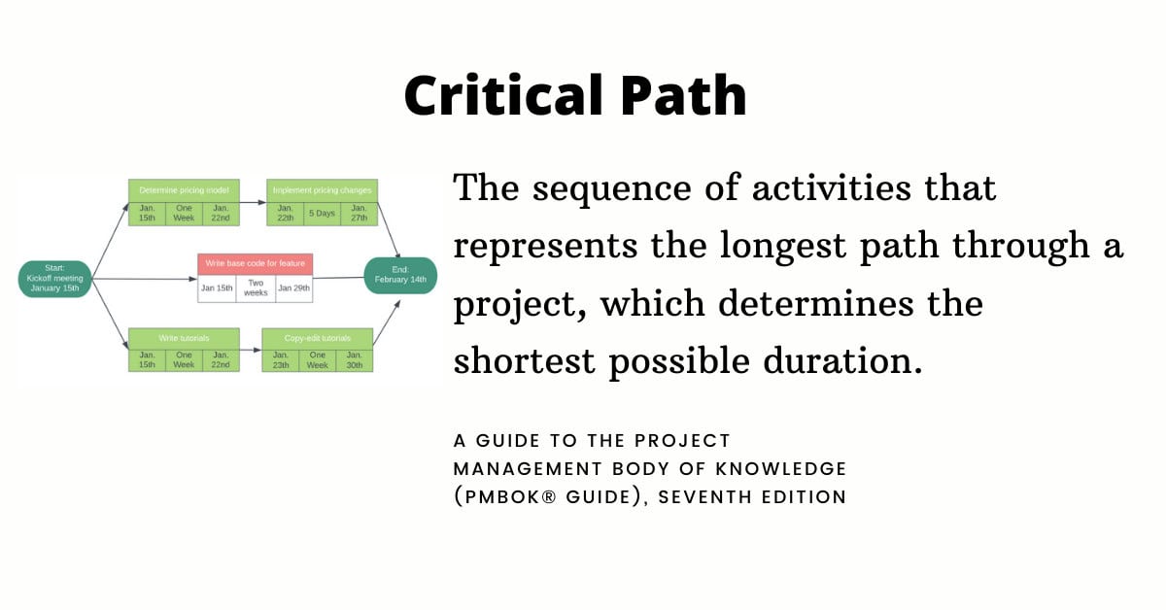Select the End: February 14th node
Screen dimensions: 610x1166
pyautogui.click(x=400, y=275)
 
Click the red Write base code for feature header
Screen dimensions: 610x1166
pyautogui.click(x=255, y=263)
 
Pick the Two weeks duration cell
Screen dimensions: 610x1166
pyautogui.click(x=256, y=288)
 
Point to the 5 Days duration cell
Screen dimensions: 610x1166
pyautogui.click(x=323, y=213)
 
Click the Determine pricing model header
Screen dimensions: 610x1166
pyautogui.click(x=184, y=190)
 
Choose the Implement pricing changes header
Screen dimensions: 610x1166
pyautogui.click(x=323, y=190)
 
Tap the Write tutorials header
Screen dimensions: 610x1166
pyautogui.click(x=184, y=338)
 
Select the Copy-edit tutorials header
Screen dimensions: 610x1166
pyautogui.click(x=318, y=338)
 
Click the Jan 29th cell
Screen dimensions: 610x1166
pyautogui.click(x=293, y=288)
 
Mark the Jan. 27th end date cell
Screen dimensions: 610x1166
pyautogui.click(x=359, y=213)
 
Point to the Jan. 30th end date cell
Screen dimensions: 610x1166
pyautogui.click(x=355, y=359)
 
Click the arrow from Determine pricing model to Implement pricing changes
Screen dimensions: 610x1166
pyautogui.click(x=253, y=202)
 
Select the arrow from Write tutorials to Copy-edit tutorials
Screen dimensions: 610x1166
pyautogui.click(x=250, y=351)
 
